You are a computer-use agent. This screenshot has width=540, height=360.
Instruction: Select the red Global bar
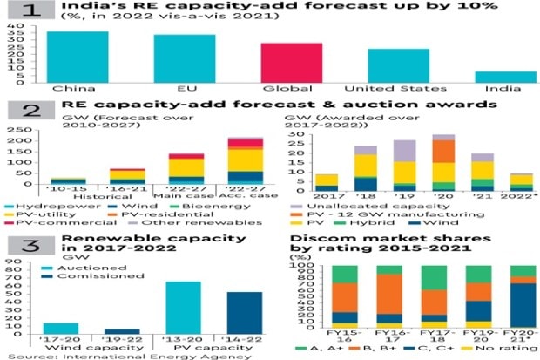point(279,62)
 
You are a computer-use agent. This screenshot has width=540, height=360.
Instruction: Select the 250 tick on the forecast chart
point(15,129)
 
